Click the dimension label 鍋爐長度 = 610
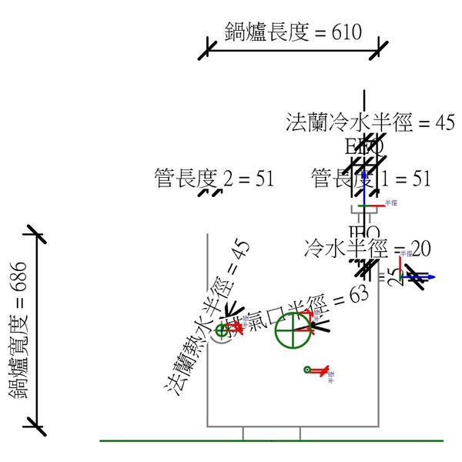coord(293,32)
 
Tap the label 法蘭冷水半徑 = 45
coord(370,122)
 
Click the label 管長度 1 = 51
coord(370,179)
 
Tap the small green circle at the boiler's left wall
coord(223,331)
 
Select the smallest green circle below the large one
coord(308,370)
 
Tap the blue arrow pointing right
coord(427,276)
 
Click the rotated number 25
coord(395,276)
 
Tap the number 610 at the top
coord(347,32)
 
